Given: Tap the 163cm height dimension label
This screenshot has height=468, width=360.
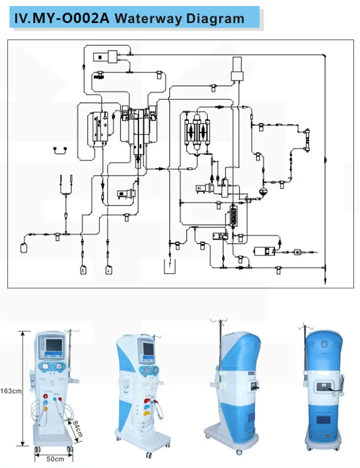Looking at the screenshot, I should point(11,390).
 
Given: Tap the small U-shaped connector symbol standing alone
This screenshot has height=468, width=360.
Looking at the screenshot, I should point(60,150).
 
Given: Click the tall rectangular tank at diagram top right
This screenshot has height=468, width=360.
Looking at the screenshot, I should point(238,69).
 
